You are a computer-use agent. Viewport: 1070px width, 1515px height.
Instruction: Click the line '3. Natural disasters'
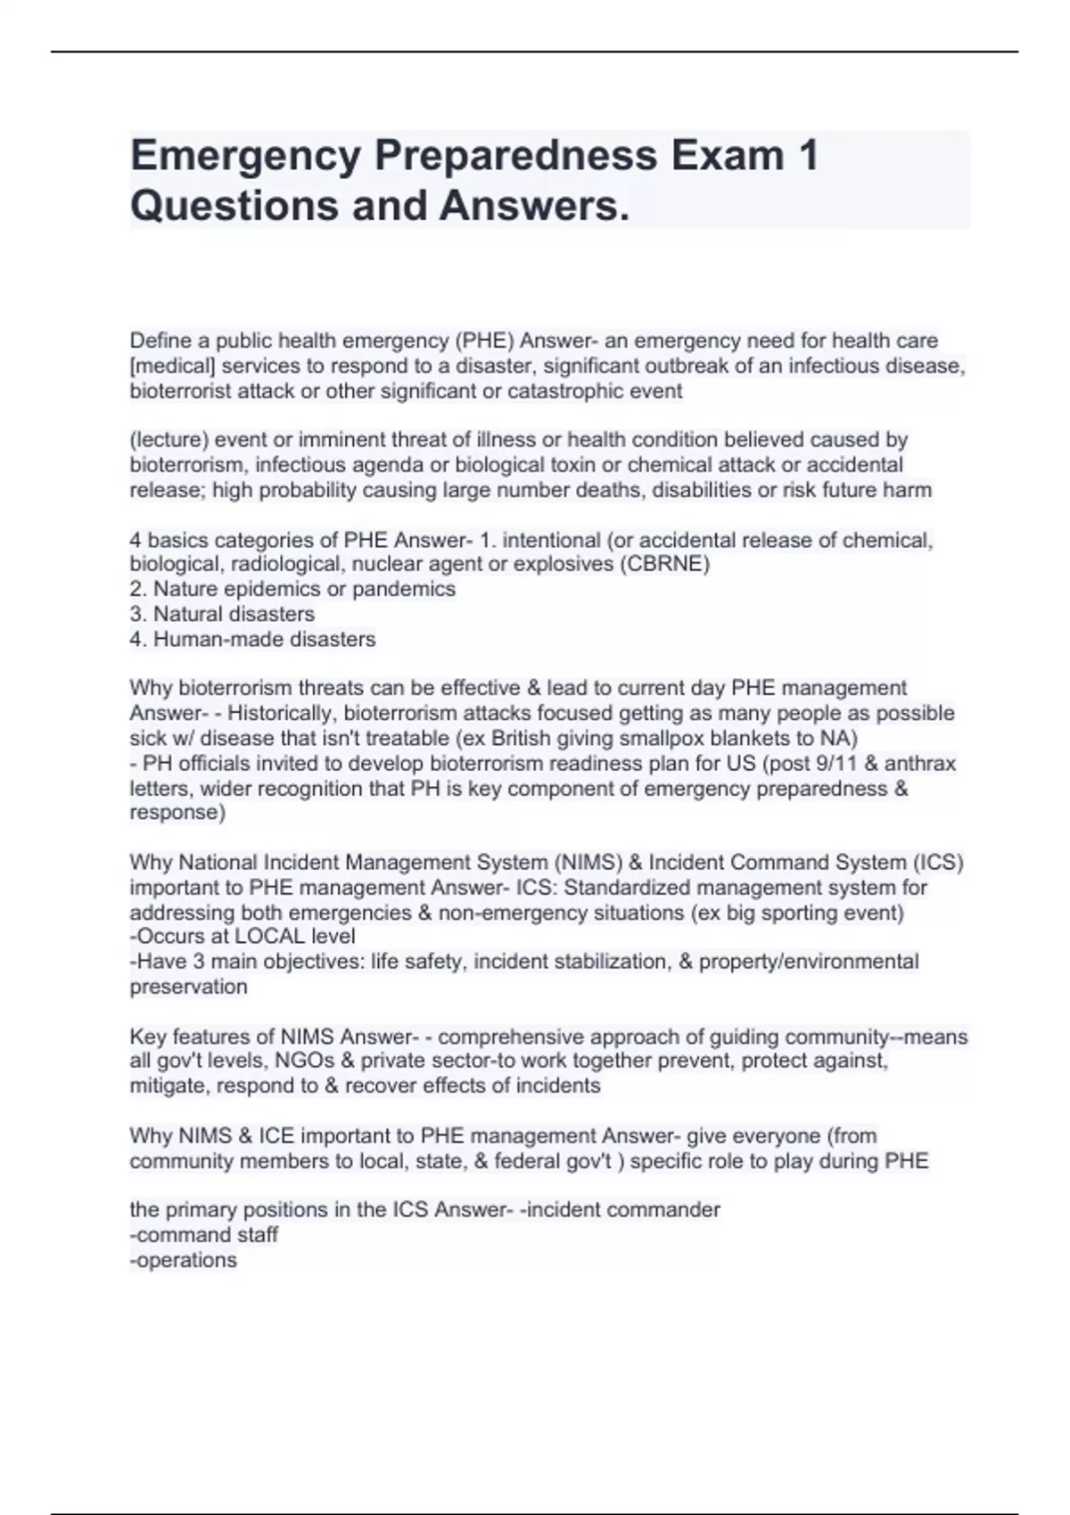click(x=222, y=614)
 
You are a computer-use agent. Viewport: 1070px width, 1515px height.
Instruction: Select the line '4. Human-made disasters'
click(x=252, y=639)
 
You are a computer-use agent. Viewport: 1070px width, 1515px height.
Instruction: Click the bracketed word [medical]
click(x=173, y=365)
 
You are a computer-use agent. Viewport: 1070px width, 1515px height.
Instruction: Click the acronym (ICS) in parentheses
click(x=937, y=863)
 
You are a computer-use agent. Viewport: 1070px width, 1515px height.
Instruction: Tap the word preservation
click(x=188, y=987)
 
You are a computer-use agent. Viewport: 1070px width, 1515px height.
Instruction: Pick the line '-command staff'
click(x=204, y=1234)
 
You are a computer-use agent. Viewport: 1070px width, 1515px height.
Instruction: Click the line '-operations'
click(x=183, y=1260)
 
